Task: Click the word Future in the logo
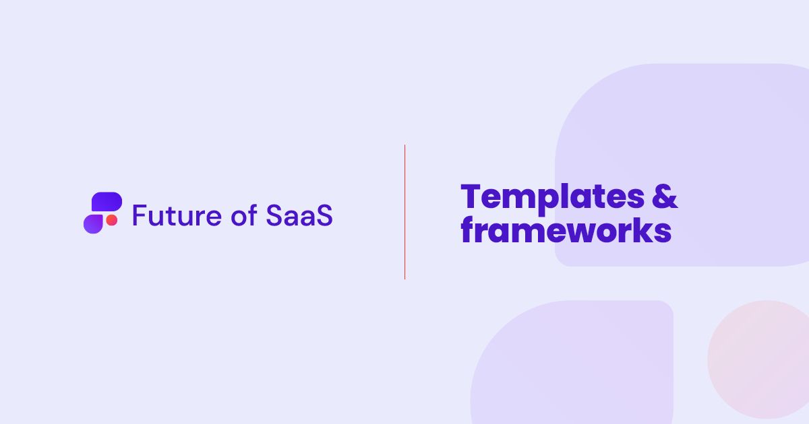[x=177, y=215]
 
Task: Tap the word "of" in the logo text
[x=244, y=215]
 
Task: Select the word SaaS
[x=299, y=215]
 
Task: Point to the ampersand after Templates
[x=665, y=197]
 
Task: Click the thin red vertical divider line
[x=405, y=212]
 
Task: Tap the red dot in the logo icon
[x=112, y=220]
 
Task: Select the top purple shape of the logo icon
[x=107, y=201]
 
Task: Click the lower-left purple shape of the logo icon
[x=93, y=224]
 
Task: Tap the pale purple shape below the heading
[x=572, y=362]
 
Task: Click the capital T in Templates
[x=471, y=197]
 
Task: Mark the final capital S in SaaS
[x=324, y=215]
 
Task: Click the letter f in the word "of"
[x=252, y=215]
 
